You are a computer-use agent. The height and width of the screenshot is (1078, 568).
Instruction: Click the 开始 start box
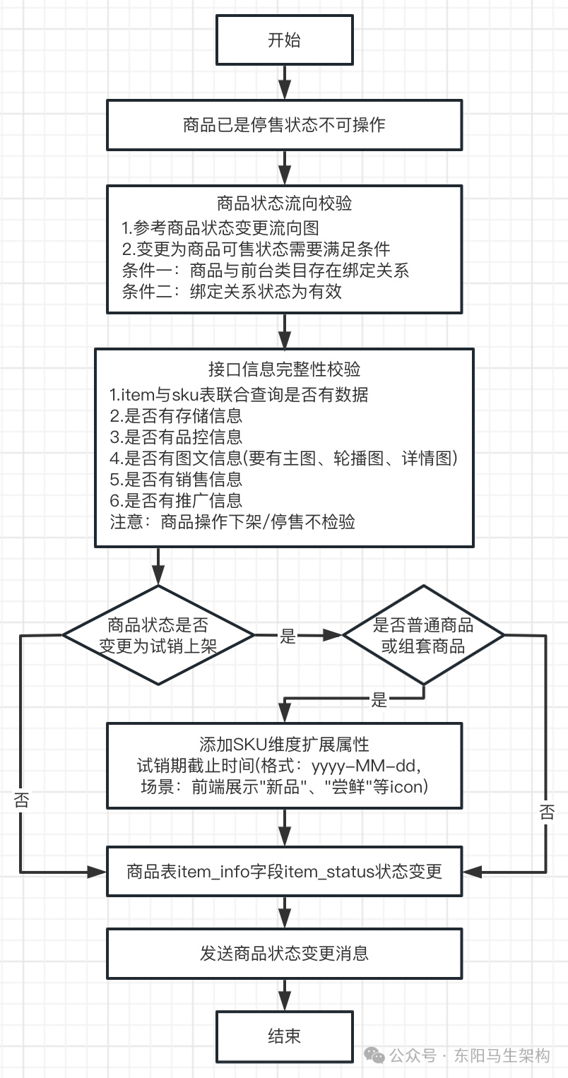[x=284, y=40]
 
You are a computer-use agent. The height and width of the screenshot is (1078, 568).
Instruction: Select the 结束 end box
[x=284, y=1036]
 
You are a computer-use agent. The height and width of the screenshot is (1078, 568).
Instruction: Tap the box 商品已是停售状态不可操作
[x=284, y=125]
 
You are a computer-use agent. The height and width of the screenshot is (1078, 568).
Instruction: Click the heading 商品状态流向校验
[x=284, y=204]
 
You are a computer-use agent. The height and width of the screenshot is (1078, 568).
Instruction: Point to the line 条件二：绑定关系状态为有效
[x=232, y=292]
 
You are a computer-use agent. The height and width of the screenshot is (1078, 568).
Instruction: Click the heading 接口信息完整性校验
[x=284, y=369]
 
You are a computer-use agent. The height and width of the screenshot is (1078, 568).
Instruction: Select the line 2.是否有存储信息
[x=177, y=416]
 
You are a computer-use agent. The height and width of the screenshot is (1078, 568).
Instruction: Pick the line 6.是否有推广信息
[x=177, y=500]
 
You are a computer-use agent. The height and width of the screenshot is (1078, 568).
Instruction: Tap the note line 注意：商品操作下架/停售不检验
[x=232, y=522]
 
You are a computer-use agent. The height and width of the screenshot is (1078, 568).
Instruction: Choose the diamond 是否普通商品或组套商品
[x=423, y=635]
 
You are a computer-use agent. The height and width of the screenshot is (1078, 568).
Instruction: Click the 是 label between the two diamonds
[x=288, y=636]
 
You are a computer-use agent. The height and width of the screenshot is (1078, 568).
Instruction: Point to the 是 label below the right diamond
[x=380, y=700]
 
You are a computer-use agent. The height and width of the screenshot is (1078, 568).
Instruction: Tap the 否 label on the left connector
[x=22, y=800]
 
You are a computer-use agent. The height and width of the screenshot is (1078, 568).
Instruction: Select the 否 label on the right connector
[x=547, y=811]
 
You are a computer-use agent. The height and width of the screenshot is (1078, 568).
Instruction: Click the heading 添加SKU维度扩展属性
[x=284, y=745]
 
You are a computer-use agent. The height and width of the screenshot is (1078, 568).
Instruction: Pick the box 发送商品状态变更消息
[x=284, y=954]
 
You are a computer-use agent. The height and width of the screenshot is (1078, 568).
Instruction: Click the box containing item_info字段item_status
[x=284, y=871]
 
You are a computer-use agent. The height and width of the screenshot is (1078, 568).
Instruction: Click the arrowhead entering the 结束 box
[x=284, y=1003]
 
